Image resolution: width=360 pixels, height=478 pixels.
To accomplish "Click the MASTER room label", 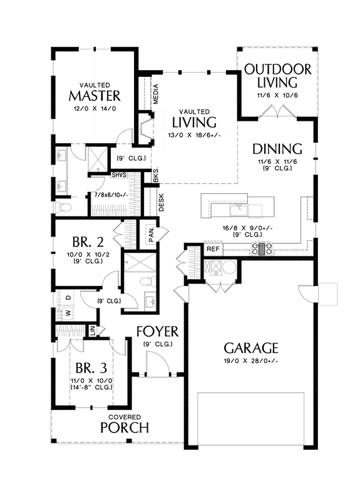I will (x=95, y=96).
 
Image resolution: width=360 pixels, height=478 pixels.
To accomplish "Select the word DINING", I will (x=277, y=149).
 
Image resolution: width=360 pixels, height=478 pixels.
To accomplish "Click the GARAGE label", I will (x=250, y=348).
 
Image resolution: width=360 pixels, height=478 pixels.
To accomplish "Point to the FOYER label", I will (x=158, y=331).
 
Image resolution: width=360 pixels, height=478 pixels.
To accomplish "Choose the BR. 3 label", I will (x=83, y=367).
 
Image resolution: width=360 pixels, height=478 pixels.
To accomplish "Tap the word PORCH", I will (x=124, y=428).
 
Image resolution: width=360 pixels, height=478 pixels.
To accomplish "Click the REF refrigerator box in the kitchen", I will (x=213, y=249).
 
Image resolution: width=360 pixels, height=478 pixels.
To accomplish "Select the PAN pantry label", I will (x=151, y=235).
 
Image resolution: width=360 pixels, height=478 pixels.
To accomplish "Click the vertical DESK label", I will (x=161, y=201).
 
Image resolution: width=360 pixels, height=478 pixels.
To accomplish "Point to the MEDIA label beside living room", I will (x=156, y=93).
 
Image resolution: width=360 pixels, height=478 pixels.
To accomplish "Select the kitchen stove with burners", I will (x=262, y=249).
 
